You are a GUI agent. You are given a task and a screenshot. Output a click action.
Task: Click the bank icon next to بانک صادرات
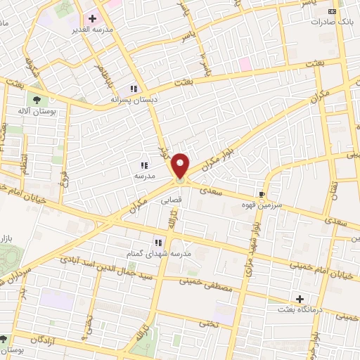[333, 12]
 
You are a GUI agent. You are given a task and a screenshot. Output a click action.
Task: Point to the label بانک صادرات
[332, 22]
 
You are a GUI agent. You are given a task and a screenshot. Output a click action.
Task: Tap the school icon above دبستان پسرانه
[132, 89]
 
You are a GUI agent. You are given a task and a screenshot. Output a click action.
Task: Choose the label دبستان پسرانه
[132, 100]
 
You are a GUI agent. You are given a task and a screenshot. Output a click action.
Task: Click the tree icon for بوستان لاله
[37, 100]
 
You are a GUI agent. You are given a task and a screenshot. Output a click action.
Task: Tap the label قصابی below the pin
[172, 200]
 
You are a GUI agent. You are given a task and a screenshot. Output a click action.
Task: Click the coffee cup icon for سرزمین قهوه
[262, 194]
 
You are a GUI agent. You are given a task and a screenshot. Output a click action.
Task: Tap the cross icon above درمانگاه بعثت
[301, 299]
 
